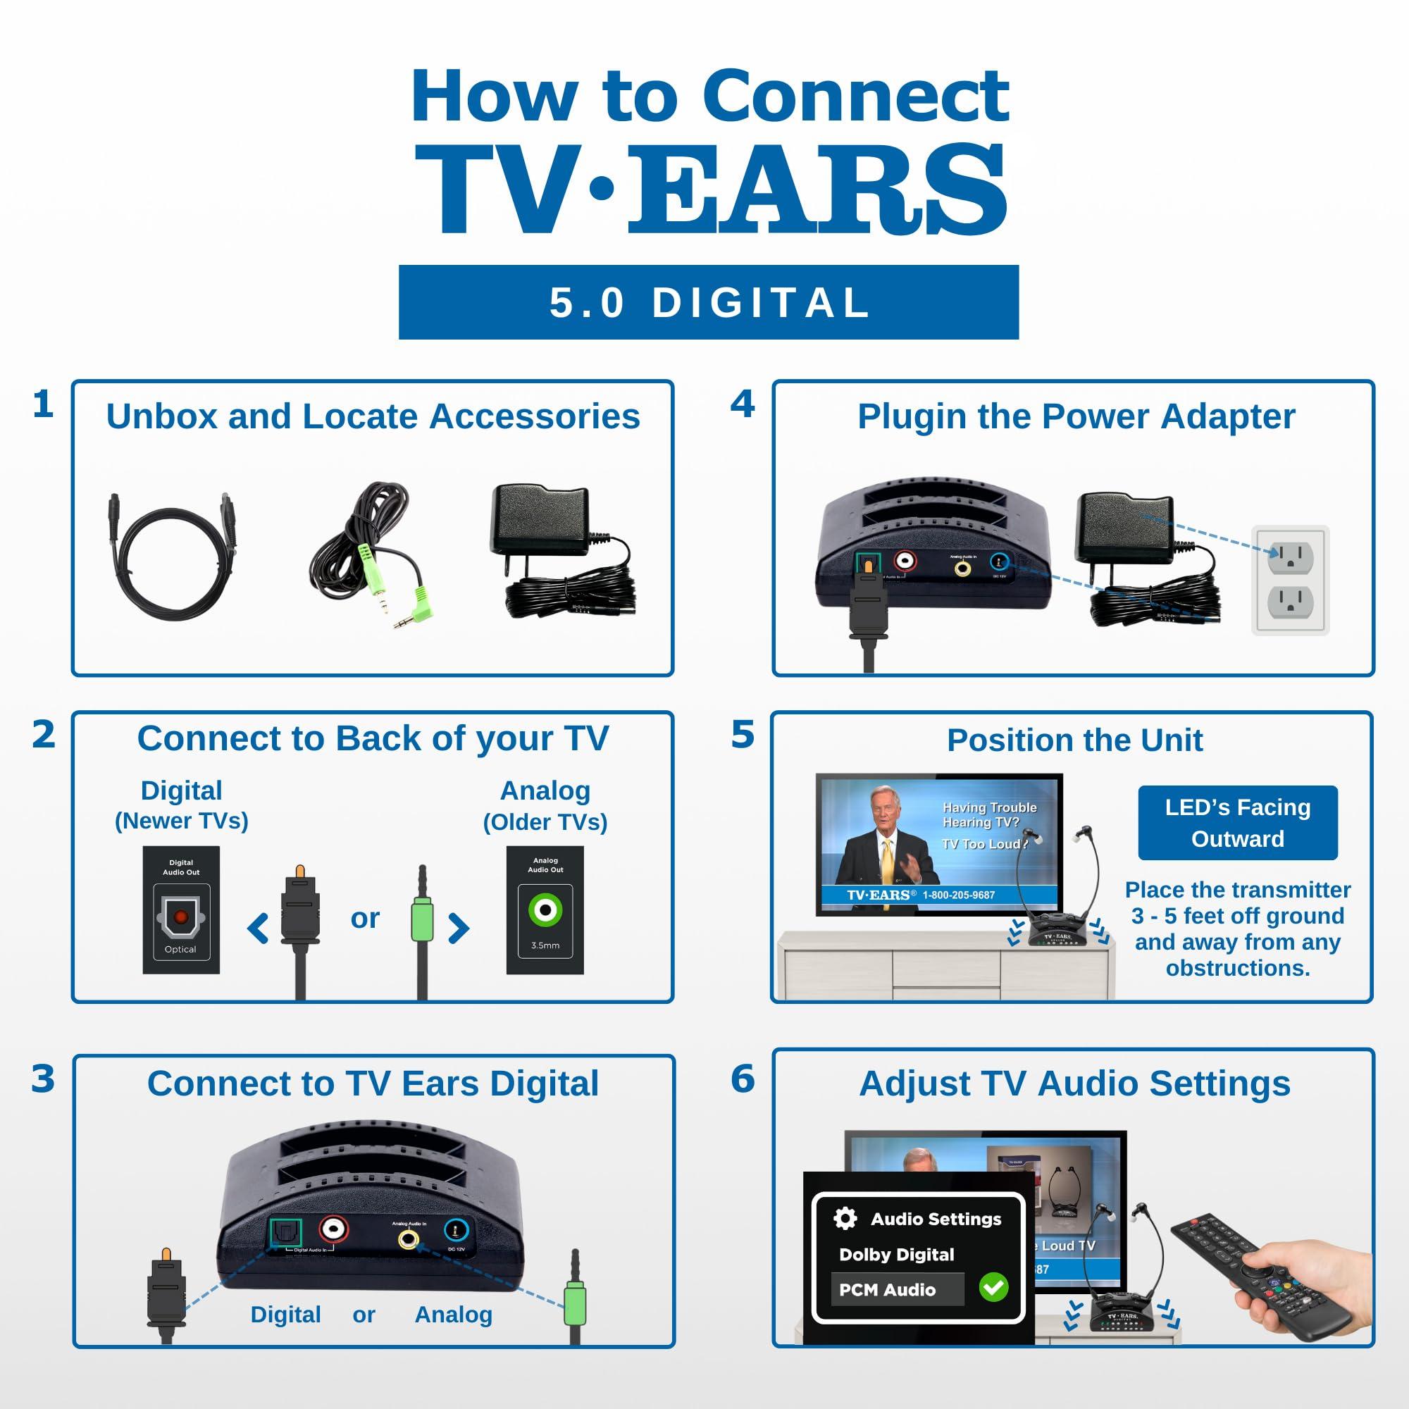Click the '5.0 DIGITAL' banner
tap(708, 302)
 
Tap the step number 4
tap(743, 404)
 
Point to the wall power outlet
tap(1290, 580)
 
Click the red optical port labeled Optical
tap(181, 917)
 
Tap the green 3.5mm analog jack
tap(545, 910)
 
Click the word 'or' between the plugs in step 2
tap(365, 918)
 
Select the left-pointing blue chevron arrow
tap(258, 929)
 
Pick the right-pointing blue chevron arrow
tap(458, 929)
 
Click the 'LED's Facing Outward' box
tap(1237, 823)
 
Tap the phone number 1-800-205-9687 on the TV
tap(958, 895)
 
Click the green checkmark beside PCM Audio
tap(993, 1287)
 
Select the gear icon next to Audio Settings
tap(845, 1218)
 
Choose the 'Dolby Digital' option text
tap(896, 1255)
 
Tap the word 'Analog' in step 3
tap(453, 1314)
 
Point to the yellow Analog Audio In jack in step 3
tap(409, 1238)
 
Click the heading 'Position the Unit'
tap(1074, 740)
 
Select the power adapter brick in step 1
tap(540, 519)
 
